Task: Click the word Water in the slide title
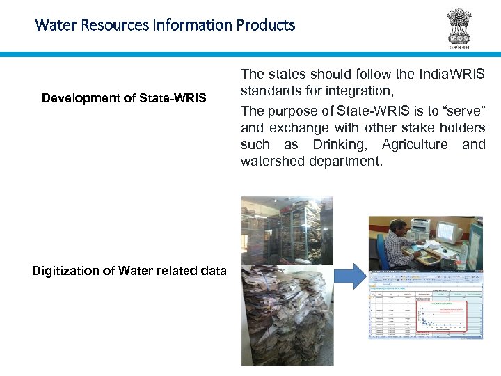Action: pos(52,26)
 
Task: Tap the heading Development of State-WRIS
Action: pos(124,98)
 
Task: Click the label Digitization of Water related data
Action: pos(129,271)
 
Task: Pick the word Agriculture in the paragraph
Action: pos(414,146)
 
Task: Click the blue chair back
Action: pos(381,251)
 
